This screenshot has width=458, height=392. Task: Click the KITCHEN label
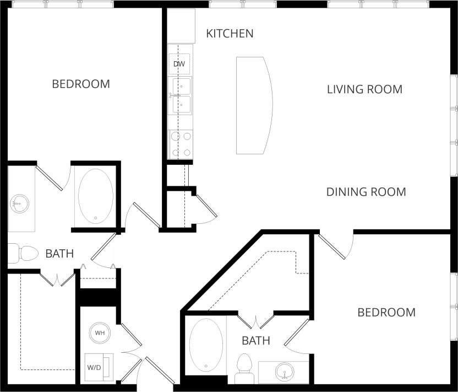[230, 34]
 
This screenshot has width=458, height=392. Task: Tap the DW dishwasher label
[179, 64]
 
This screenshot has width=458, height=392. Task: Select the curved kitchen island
[253, 105]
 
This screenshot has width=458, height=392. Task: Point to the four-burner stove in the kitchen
[181, 144]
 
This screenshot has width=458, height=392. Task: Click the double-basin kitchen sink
[180, 96]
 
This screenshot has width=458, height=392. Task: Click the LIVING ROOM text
[364, 89]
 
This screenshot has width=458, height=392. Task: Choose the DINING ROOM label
[366, 192]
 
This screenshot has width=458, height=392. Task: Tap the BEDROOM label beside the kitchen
[81, 84]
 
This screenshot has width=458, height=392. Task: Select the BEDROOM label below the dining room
[386, 313]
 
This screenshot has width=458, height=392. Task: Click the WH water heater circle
[100, 333]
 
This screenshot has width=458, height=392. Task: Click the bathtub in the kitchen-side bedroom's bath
[96, 196]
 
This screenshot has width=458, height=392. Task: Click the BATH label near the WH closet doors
[256, 341]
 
